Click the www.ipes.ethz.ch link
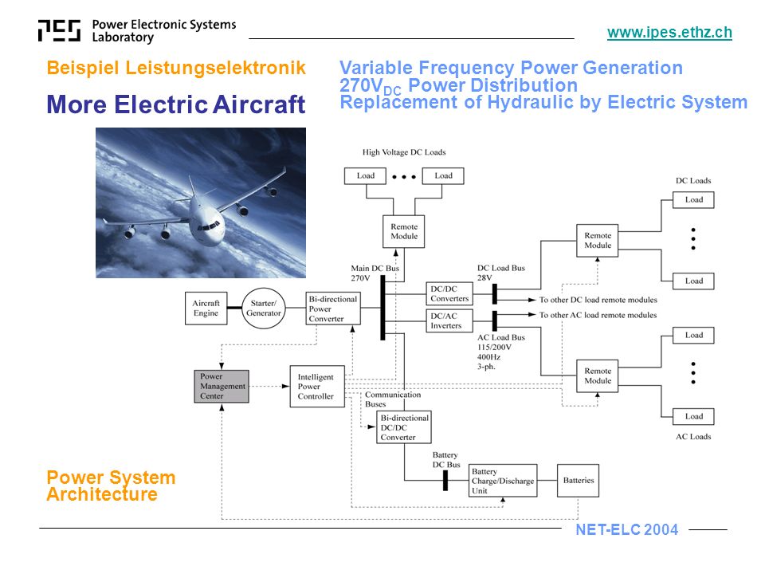click(x=669, y=33)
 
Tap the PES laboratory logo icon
click(x=59, y=31)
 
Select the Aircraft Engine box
click(x=206, y=308)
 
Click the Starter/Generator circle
click(x=264, y=308)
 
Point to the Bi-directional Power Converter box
click(x=333, y=309)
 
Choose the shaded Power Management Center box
click(x=222, y=386)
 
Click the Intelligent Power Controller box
click(x=317, y=387)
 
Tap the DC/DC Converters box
click(x=449, y=294)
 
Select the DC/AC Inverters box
click(x=449, y=320)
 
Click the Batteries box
click(x=579, y=480)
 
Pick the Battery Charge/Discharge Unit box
click(x=503, y=481)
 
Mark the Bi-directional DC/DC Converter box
click(x=404, y=427)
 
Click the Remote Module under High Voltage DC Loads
click(x=404, y=231)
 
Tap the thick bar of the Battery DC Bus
click(x=445, y=480)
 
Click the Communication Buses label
click(x=393, y=399)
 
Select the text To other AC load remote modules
click(x=598, y=315)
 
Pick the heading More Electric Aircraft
click(x=175, y=104)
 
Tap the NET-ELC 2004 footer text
click(x=627, y=529)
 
